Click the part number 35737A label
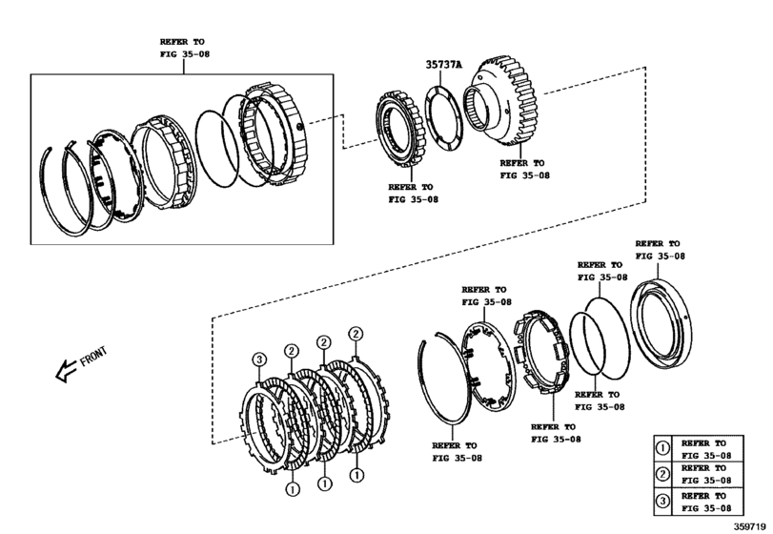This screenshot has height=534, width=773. click(x=443, y=66)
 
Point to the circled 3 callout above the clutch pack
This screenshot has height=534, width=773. click(x=257, y=359)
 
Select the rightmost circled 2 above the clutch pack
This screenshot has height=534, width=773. click(x=356, y=334)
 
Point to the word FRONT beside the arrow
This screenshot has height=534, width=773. click(x=93, y=357)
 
